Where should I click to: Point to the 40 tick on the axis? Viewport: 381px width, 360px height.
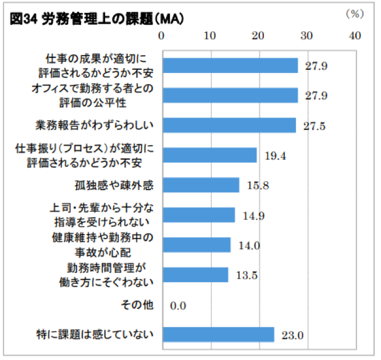[x=355, y=35]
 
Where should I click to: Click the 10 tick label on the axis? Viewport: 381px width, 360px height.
[x=210, y=35]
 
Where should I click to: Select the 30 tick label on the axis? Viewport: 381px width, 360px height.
[x=306, y=35]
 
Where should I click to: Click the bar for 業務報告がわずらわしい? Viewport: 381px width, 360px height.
[x=228, y=125]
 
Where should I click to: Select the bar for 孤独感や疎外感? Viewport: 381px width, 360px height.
[x=200, y=185]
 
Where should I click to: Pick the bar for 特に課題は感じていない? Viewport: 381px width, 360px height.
[x=218, y=335]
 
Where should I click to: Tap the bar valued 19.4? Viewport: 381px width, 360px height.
[x=209, y=155]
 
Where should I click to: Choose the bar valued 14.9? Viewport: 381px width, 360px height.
[x=198, y=215]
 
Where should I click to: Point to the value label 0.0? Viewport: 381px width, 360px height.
[x=178, y=306]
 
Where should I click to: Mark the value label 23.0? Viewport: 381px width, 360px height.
[x=293, y=336]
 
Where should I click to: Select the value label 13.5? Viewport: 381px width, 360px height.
[x=246, y=276]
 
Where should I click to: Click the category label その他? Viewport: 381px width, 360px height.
[x=137, y=305]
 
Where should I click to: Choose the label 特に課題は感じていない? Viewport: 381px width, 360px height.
[x=94, y=335]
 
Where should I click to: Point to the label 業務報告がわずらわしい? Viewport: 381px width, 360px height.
[x=95, y=125]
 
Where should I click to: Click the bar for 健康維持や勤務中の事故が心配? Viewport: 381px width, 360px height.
[x=196, y=245]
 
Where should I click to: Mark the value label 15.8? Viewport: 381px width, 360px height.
[x=258, y=185]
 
